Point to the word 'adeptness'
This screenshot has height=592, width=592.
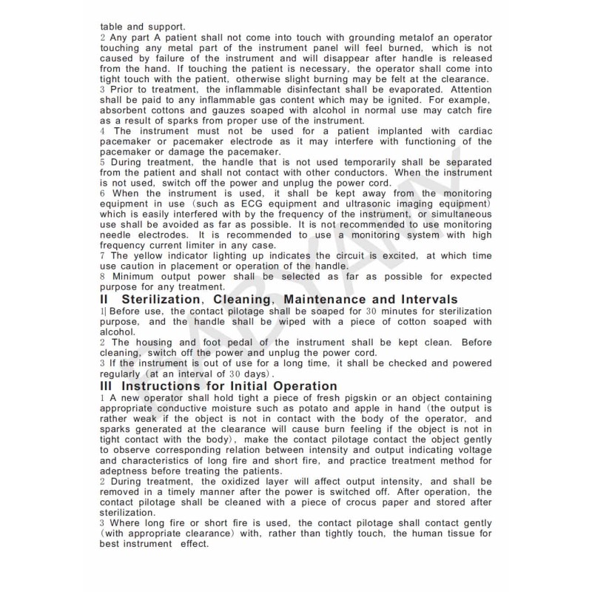127,470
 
